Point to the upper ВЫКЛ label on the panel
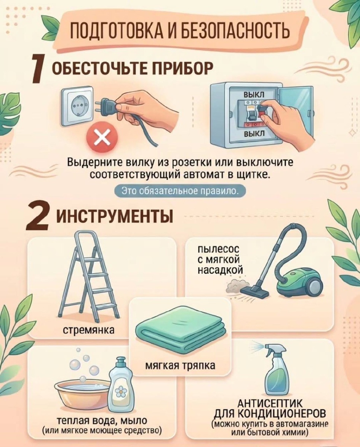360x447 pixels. click(254, 94)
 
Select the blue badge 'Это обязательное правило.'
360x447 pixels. click(180, 191)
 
